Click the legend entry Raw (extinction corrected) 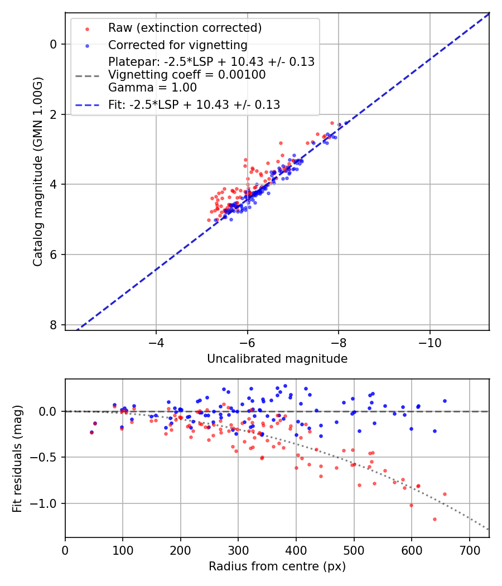[x=185, y=28]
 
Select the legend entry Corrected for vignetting [x=177, y=45]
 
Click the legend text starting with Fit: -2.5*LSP [x=194, y=104]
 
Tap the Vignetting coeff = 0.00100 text [x=187, y=74]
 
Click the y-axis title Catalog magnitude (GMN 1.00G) [x=37, y=171]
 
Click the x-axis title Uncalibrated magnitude [x=277, y=359]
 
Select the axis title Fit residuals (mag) [x=17, y=458]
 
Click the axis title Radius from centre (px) [x=277, y=566]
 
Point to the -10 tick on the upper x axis [x=429, y=340]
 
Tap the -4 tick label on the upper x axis [x=156, y=340]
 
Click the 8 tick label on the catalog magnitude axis [x=54, y=325]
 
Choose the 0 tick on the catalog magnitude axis [x=54, y=44]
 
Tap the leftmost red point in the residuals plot [x=91, y=433]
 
